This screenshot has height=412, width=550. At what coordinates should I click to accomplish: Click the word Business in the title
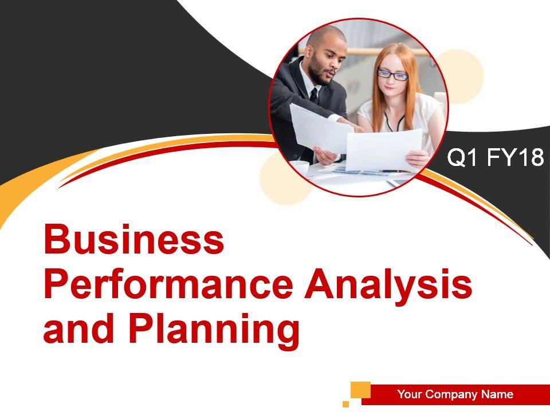133,240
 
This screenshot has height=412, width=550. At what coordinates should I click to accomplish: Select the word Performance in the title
168,285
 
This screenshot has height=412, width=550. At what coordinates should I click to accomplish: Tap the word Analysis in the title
388,285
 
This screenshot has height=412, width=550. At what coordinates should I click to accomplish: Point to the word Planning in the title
214,330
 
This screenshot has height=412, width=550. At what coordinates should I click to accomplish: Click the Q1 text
462,157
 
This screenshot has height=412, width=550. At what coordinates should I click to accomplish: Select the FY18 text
515,157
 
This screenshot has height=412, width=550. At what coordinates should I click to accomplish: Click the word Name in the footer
497,394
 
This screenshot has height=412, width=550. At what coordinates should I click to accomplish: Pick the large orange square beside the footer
360,390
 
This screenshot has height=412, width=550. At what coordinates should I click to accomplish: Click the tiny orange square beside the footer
346,403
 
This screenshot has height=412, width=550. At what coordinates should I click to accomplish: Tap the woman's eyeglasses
393,75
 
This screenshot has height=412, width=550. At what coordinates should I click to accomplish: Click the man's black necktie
314,96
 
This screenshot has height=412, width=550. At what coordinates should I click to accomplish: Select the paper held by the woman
384,149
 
